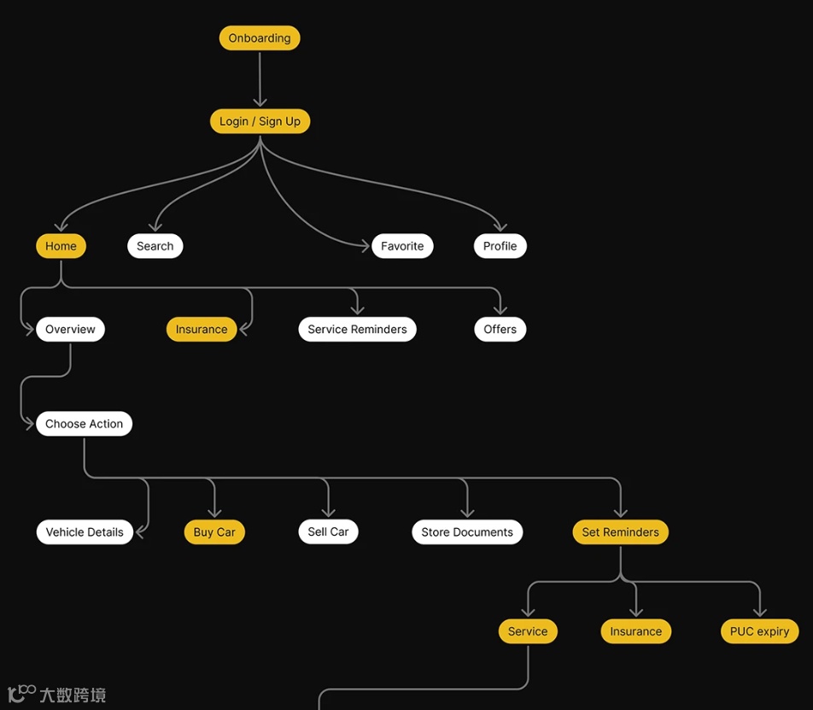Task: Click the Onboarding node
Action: point(260,38)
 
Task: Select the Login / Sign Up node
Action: point(260,121)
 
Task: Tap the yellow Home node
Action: point(61,246)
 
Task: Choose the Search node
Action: point(155,246)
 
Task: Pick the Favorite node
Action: point(402,246)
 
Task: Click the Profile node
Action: point(500,246)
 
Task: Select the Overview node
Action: point(70,330)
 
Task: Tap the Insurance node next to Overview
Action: point(202,330)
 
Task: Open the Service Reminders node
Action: point(357,330)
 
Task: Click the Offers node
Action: point(500,330)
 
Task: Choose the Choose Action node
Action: point(84,424)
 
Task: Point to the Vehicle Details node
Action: point(85,532)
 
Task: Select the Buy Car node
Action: point(214,532)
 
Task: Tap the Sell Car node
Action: point(328,531)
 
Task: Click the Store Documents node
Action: point(467,532)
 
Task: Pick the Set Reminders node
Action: point(620,532)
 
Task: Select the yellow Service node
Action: point(528,631)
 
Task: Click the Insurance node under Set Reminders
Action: point(635,631)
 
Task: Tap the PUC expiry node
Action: point(759,631)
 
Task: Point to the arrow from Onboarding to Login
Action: point(260,79)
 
